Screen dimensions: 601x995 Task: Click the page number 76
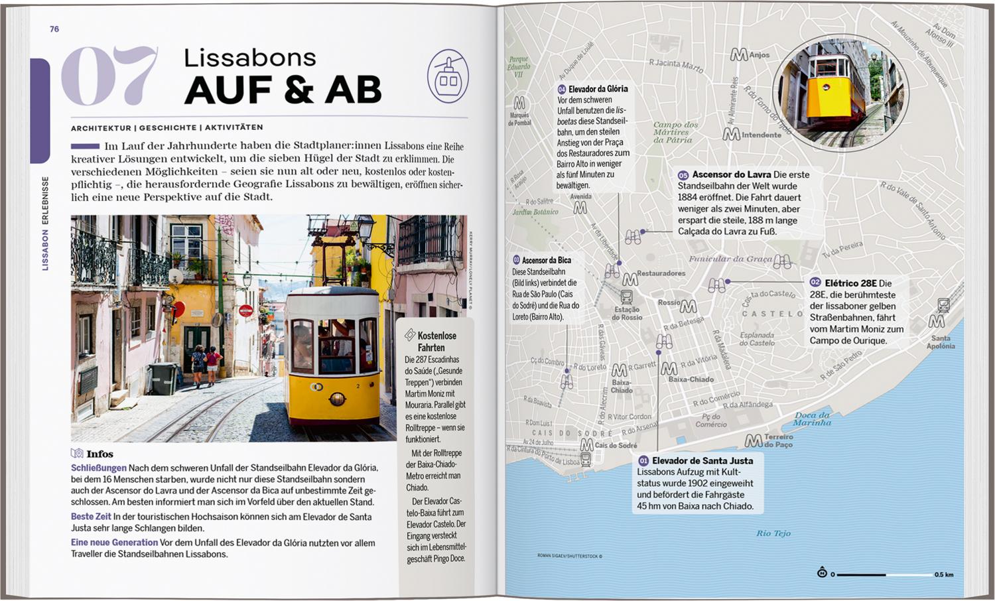pyautogui.click(x=54, y=29)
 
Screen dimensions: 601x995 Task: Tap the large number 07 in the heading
pyautogui.click(x=110, y=76)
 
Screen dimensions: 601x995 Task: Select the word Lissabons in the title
pyautogui.click(x=249, y=58)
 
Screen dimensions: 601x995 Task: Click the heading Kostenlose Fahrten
pyautogui.click(x=435, y=341)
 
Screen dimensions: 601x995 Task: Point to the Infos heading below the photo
pyautogui.click(x=99, y=454)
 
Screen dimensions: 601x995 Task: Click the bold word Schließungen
pyautogui.click(x=98, y=468)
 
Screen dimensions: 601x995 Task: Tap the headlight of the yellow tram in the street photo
pyautogui.click(x=338, y=399)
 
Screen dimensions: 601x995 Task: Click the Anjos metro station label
pyautogui.click(x=759, y=55)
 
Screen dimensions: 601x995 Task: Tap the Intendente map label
pyautogui.click(x=761, y=135)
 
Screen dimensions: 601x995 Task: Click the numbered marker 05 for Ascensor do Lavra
pyautogui.click(x=683, y=175)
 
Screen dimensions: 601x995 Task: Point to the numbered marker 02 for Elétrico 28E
pyautogui.click(x=815, y=283)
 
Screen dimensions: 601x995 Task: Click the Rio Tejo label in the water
pyautogui.click(x=773, y=533)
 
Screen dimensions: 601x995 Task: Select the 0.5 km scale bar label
pyautogui.click(x=943, y=574)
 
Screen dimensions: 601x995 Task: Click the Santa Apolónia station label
pyautogui.click(x=941, y=342)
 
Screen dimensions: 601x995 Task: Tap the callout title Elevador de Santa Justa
pyautogui.click(x=702, y=460)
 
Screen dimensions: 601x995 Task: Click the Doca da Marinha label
pyautogui.click(x=812, y=419)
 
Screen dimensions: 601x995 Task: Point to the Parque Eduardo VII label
pyautogui.click(x=519, y=66)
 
